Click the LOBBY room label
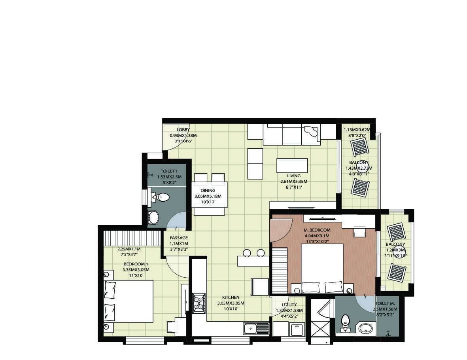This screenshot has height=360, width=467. tap(183, 130)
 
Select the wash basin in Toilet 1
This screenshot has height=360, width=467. tap(153, 218)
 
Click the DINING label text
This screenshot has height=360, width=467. tap(208, 190)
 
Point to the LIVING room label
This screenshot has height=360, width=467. tap(294, 176)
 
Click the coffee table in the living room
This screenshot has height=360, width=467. tap(292, 165)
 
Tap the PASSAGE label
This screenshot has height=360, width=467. tap(179, 238)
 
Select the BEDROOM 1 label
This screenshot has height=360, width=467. tap(136, 264)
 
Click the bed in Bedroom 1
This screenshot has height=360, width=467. tap(129, 301)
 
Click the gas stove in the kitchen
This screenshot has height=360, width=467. tap(199, 303)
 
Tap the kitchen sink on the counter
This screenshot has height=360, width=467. tap(256, 329)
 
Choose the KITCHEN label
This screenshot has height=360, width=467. tap(231, 297)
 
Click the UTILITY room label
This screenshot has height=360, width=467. tap(289, 305)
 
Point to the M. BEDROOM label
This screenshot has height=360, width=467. tap(317, 230)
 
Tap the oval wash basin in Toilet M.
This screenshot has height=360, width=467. tap(365, 329)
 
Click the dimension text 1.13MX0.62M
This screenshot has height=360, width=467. tap(357, 130)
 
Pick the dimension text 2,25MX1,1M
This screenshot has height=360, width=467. tap(129, 249)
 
